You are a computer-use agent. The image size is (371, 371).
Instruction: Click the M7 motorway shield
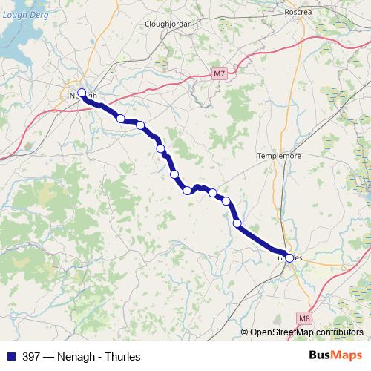click(x=217, y=73)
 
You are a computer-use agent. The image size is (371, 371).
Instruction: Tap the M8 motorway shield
click(x=303, y=318)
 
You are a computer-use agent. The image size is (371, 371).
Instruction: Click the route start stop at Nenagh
click(x=82, y=93)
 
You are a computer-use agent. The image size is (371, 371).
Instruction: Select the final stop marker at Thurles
click(x=289, y=258)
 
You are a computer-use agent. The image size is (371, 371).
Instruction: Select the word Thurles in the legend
click(x=122, y=355)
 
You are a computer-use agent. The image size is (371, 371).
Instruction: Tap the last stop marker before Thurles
click(x=237, y=223)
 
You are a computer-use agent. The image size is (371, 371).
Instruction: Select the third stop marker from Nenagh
click(x=140, y=125)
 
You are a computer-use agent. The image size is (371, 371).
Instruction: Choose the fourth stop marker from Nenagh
click(x=160, y=148)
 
